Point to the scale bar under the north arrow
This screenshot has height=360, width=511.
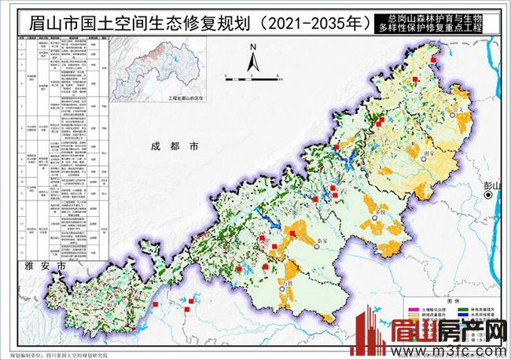[253, 78]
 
